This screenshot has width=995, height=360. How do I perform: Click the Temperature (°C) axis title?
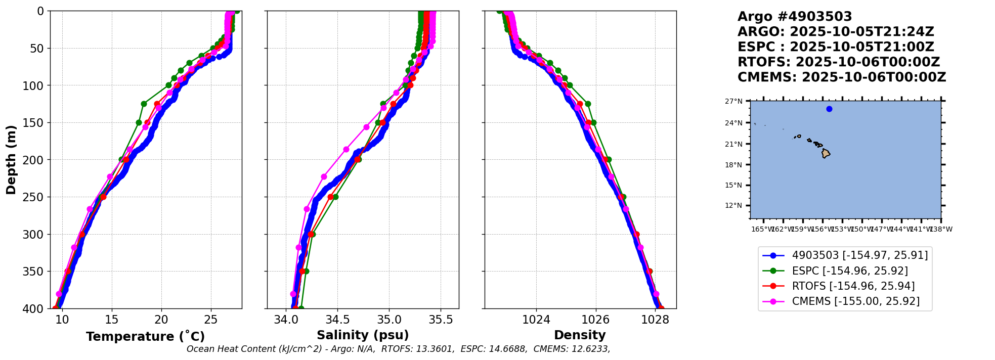[145, 337]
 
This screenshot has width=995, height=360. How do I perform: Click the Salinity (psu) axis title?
[363, 335]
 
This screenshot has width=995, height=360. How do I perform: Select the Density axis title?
[580, 335]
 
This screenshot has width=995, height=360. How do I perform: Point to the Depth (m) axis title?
[11, 159]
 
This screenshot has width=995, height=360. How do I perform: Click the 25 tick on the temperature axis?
[211, 320]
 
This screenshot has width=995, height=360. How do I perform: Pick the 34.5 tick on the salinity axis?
[337, 320]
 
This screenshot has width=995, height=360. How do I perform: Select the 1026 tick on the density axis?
[595, 320]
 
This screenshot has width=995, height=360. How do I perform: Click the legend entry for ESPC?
[850, 271]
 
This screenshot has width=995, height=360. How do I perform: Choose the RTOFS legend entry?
[853, 286]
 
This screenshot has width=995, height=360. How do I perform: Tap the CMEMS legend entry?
[855, 301]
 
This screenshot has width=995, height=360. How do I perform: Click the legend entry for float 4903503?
[859, 256]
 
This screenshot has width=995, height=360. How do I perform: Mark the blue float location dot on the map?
[829, 109]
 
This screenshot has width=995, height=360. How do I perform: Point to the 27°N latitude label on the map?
[733, 102]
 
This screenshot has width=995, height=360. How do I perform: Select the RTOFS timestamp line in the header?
[838, 62]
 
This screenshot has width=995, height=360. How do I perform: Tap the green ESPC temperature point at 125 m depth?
[144, 104]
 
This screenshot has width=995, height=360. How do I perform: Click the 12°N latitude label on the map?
[733, 206]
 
